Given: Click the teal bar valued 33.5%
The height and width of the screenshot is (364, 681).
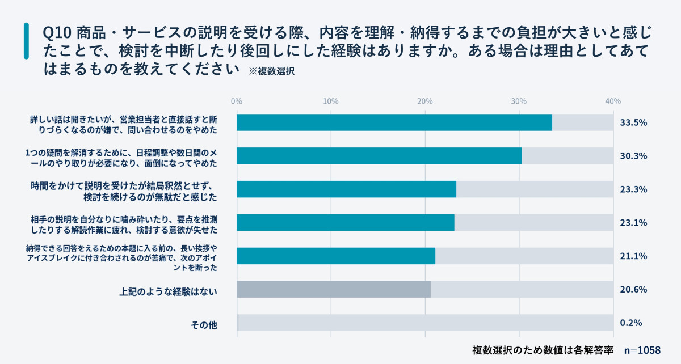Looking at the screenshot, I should [394, 122].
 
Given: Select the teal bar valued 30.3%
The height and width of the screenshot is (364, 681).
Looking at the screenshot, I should [379, 156].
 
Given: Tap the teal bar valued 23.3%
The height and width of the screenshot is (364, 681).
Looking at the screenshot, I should [346, 189].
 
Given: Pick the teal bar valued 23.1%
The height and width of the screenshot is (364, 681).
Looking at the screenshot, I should [345, 222].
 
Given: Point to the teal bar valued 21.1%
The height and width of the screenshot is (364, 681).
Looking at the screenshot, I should [336, 256].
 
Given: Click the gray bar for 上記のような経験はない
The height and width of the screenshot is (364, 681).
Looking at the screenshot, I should [334, 289].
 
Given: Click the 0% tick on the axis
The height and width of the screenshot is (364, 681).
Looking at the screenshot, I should [237, 101].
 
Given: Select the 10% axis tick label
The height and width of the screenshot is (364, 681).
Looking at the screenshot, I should [331, 101].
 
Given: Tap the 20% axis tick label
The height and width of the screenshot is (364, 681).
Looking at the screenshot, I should [424, 101].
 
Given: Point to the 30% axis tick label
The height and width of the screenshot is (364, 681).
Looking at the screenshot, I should [519, 101].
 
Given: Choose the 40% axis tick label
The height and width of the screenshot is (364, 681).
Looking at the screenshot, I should [612, 101].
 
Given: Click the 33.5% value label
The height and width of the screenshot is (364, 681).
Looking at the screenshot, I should [634, 122].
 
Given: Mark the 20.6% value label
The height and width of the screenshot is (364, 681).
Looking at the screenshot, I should [634, 289].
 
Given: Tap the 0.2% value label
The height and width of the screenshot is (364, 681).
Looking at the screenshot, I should [631, 323].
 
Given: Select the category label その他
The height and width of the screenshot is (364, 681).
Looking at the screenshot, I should [204, 325].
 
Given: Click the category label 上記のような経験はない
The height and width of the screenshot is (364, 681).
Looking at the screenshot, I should [169, 292].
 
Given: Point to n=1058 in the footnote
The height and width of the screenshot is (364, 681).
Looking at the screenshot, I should [642, 350].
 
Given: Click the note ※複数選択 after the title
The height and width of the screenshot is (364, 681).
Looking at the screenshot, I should [272, 71].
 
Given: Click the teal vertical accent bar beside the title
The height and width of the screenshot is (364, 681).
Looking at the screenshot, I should [26, 41].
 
